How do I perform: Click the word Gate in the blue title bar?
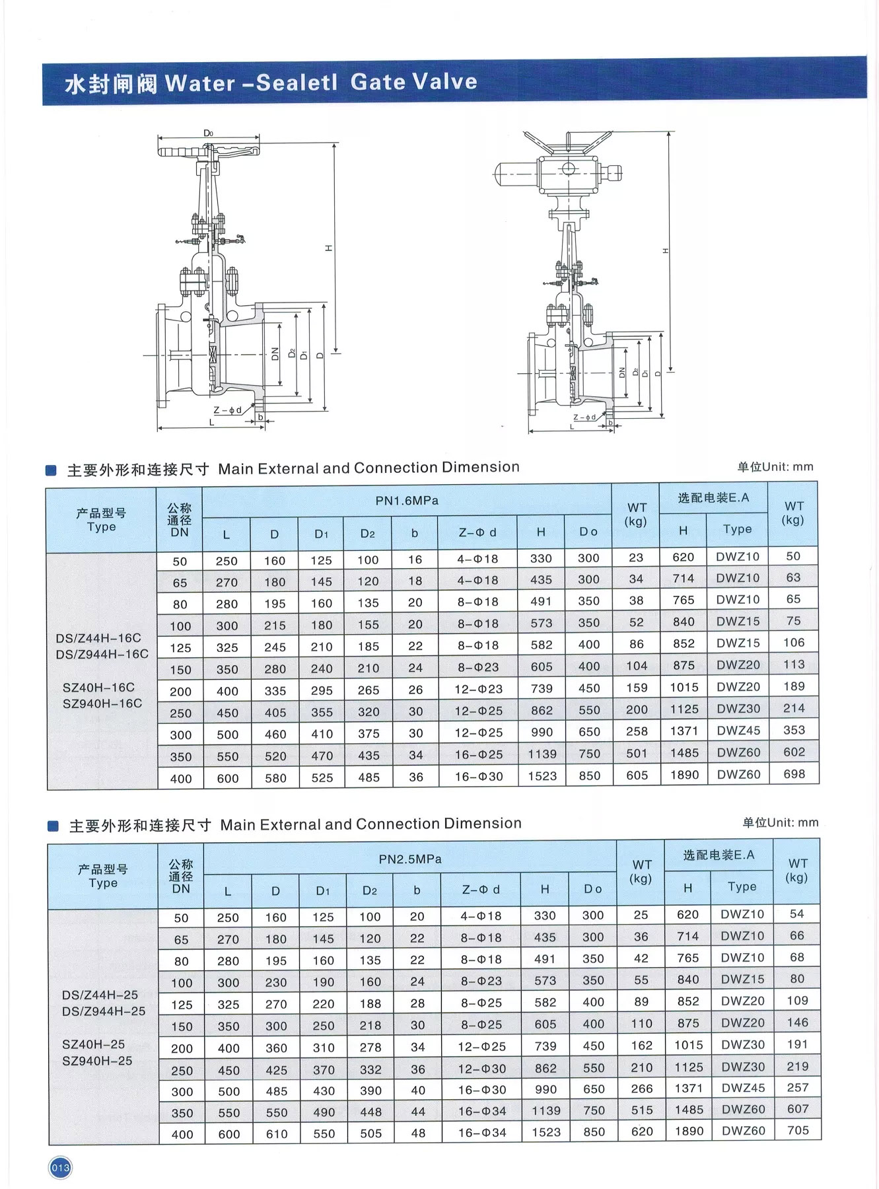[x=378, y=82]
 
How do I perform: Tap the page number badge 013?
[x=60, y=1168]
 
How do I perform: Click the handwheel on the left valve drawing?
[x=209, y=151]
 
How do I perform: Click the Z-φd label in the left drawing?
[x=227, y=410]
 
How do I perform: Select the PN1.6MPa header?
[x=407, y=501]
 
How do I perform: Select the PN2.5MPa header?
[x=410, y=859]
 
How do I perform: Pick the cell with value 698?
[x=794, y=774]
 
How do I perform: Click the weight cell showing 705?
[x=798, y=1130]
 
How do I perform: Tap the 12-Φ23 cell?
[x=479, y=689]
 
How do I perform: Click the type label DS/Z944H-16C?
[x=102, y=654]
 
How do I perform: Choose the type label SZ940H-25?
[x=97, y=1061]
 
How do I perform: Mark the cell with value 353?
[x=794, y=730]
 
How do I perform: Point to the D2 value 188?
[x=370, y=1003]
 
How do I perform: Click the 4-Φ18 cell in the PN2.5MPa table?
[x=481, y=916]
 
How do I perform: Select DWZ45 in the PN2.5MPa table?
[x=743, y=1087]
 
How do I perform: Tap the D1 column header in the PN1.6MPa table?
[x=321, y=534]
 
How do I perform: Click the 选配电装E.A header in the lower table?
[x=719, y=855]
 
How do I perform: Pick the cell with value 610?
[x=276, y=1134]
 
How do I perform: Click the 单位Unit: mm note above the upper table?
[x=775, y=467]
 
